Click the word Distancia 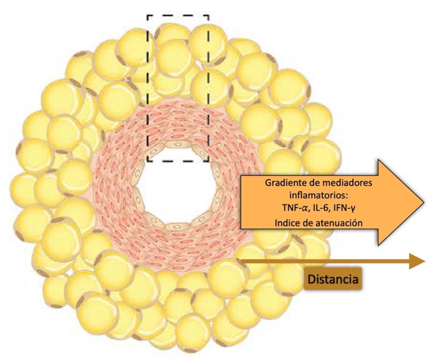click(333, 279)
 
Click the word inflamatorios click(319, 195)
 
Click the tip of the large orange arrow click(424, 203)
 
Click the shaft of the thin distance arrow click(325, 261)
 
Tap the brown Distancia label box click(333, 279)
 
